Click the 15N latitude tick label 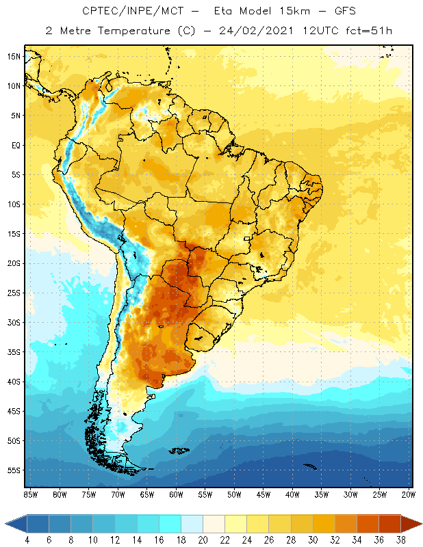[14, 56]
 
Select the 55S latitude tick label [14, 470]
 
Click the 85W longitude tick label [31, 494]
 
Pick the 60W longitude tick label [177, 494]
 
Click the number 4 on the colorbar [27, 540]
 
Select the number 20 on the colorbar [202, 540]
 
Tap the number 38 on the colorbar [400, 540]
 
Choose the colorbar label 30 [312, 540]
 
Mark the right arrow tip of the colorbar [420, 524]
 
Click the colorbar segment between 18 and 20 [191, 524]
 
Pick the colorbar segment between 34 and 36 [366, 524]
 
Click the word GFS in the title [343, 12]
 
